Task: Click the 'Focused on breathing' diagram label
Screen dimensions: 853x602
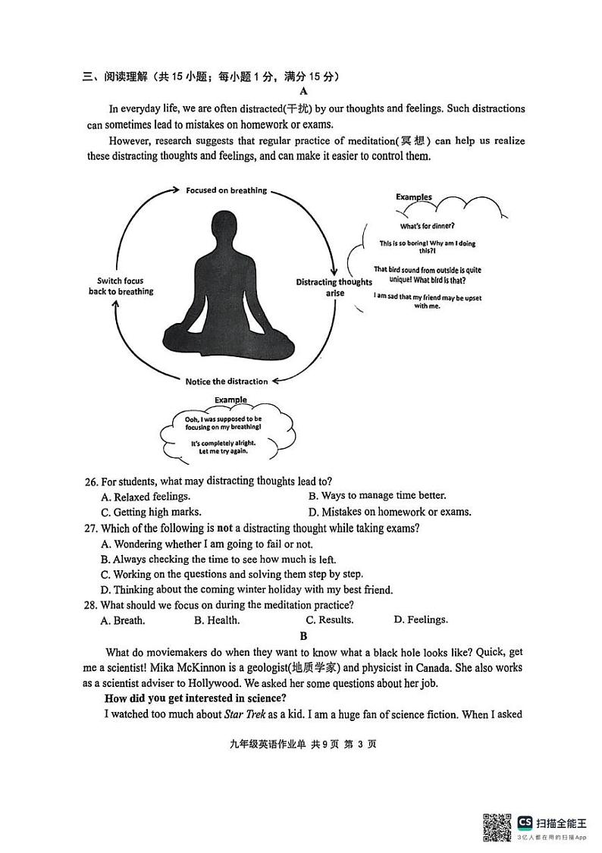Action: (x=226, y=190)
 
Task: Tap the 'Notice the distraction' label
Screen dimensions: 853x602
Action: (x=227, y=381)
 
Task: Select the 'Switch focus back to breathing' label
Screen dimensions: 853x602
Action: (x=121, y=286)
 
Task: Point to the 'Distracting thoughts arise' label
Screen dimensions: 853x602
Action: (x=334, y=287)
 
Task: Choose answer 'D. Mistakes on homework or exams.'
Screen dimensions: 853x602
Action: (x=390, y=512)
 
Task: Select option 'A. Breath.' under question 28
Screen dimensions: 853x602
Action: (x=123, y=620)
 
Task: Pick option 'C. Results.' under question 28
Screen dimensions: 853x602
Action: (x=329, y=620)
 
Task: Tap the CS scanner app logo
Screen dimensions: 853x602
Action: (x=525, y=822)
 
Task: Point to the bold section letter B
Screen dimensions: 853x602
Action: (x=303, y=636)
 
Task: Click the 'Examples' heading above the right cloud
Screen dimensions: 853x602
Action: (x=413, y=197)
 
